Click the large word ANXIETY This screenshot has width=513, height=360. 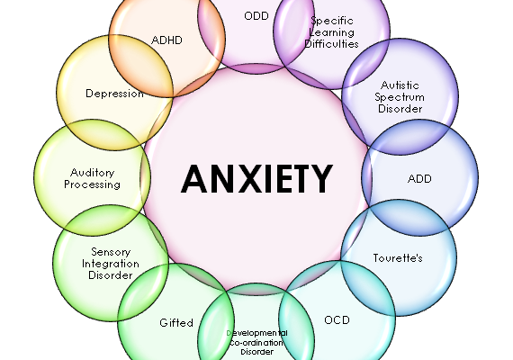pos(256,179)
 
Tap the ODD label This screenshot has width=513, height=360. pos(256,15)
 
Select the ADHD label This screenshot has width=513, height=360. pos(166,40)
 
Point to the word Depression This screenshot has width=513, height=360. pos(114,94)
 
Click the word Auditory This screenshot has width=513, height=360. pos(93,173)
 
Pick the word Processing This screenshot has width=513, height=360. pos(93,184)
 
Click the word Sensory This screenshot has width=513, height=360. pos(111,252)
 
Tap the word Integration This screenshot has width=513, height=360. pos(111,264)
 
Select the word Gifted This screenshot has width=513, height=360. pos(176,323)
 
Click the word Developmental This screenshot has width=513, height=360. pos(256,333)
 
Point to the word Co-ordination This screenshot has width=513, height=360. pos(256,343)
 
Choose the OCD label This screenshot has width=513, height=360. pos(337,319)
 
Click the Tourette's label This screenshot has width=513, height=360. pos(398,258)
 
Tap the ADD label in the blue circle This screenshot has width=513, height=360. pos(419,179)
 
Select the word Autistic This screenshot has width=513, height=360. pos(400,85)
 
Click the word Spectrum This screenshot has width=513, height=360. pos(400,97)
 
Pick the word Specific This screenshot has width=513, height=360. pos(332,22)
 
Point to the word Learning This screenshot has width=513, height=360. pos(332,32)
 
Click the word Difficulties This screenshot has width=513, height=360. pos(331,44)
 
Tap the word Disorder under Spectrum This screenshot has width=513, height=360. pos(400,109)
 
